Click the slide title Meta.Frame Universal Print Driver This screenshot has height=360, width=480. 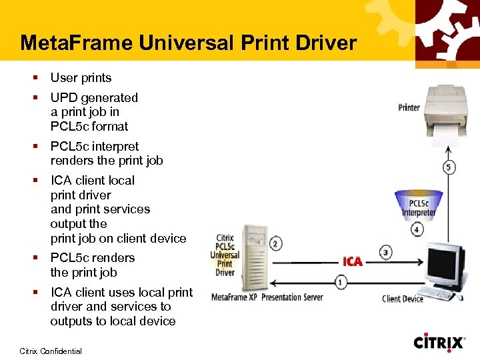(189, 43)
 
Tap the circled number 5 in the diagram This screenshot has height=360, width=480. (449, 167)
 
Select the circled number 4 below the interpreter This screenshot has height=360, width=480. (417, 230)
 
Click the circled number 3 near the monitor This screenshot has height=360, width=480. (386, 253)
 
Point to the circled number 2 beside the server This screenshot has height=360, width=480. (275, 244)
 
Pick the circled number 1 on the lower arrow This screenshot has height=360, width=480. (341, 282)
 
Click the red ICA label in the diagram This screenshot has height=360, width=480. (353, 261)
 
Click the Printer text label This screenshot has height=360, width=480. (409, 107)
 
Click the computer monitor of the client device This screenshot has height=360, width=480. (444, 263)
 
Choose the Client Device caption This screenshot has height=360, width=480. (403, 299)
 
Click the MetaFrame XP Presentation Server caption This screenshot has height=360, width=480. (267, 297)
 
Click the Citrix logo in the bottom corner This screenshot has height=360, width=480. (439, 343)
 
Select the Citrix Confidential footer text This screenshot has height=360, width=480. (51, 351)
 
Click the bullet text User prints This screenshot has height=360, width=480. (81, 78)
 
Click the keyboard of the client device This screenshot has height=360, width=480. (445, 293)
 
